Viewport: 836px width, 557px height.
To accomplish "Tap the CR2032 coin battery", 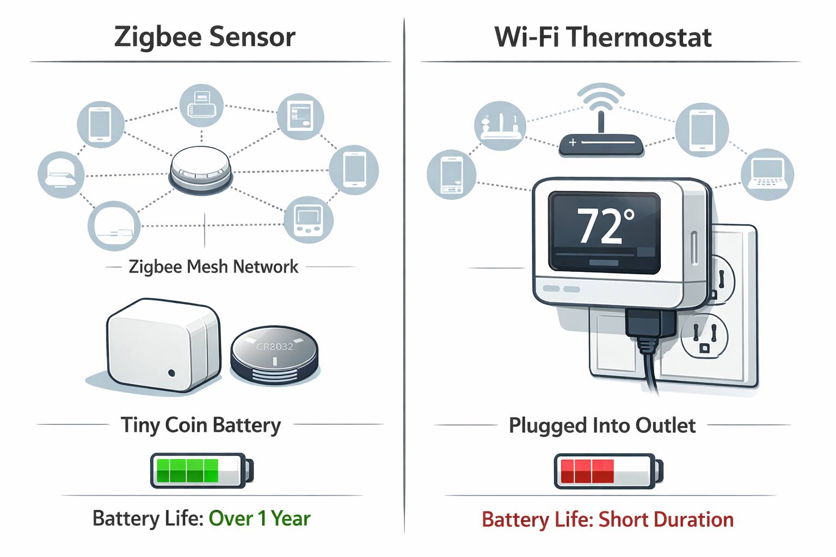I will pos(274,354).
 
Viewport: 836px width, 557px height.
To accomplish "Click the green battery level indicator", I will pos(187,471).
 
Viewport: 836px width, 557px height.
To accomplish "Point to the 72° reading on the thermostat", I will pos(604,226).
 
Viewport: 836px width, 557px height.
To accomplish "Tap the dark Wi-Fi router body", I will pos(601,145).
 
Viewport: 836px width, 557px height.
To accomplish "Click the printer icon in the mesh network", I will pos(201,105).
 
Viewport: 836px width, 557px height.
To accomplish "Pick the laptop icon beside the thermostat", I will pos(767,174).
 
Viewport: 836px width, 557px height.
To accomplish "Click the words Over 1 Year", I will pos(260,518).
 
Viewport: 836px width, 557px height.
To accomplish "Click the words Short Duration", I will pos(666,519).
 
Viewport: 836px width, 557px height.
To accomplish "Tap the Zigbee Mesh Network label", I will pos(213,267).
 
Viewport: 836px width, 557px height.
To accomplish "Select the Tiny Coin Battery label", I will pos(201,425).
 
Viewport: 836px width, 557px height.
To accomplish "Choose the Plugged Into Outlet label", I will pos(602,425).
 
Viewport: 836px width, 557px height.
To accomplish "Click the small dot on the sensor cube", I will pos(172,373).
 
